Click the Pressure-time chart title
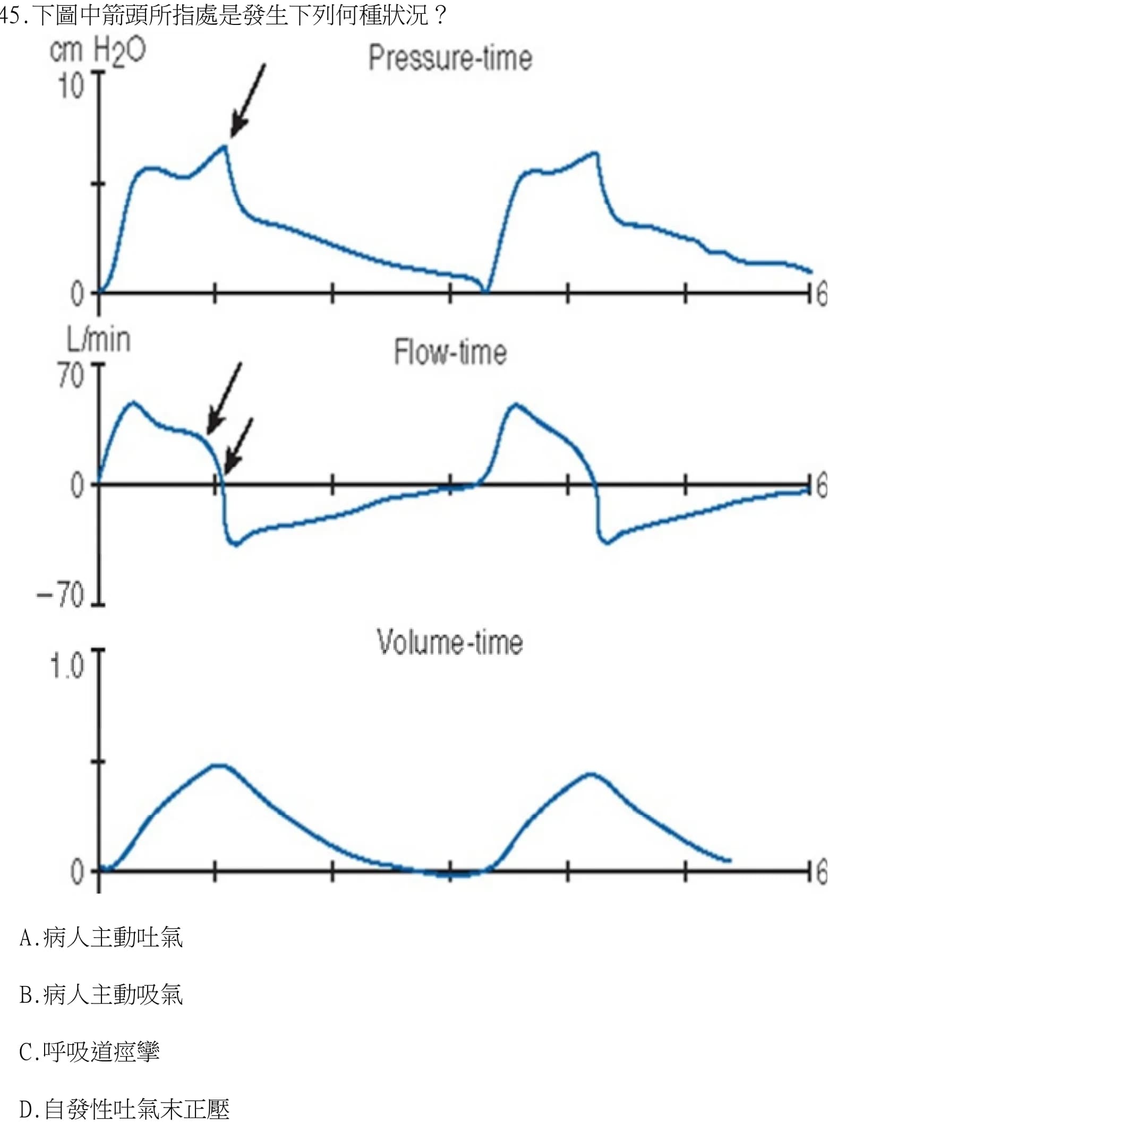click(450, 58)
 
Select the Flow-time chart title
click(450, 352)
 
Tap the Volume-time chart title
click(450, 641)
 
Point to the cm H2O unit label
click(98, 50)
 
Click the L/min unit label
click(98, 340)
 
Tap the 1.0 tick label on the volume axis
click(67, 666)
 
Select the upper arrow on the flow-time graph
click(224, 398)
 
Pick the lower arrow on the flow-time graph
click(239, 445)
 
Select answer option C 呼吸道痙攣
click(89, 1051)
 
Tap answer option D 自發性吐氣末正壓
click(125, 1109)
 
